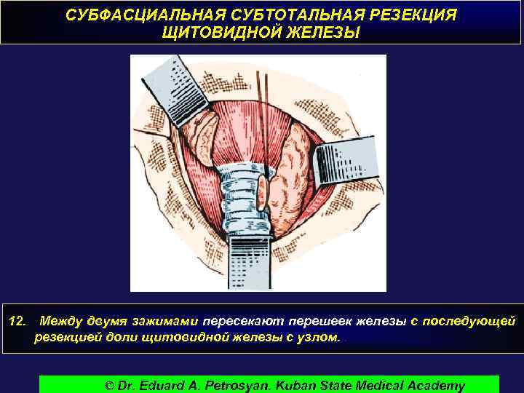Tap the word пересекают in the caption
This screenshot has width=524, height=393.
coord(244,320)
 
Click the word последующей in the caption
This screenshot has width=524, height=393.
coord(472,320)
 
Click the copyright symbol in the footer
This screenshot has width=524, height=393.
coord(111,385)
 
